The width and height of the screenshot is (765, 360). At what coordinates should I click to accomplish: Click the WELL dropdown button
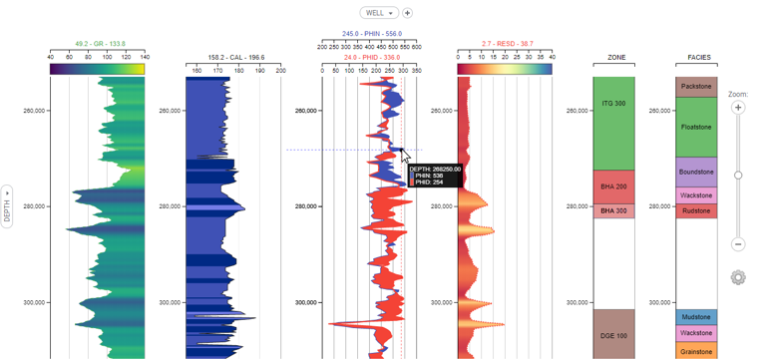tap(378, 13)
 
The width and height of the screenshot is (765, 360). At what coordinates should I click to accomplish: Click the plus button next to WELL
tap(407, 13)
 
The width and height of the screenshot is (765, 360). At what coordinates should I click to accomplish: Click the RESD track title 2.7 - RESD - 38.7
tap(507, 44)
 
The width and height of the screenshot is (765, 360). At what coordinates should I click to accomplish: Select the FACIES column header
tap(698, 58)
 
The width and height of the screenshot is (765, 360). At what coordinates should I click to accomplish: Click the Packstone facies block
tap(698, 87)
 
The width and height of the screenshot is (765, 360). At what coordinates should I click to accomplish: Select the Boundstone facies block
tap(698, 172)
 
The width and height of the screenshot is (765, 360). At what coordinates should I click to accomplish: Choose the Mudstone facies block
tap(698, 317)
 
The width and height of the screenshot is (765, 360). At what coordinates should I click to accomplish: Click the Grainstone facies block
tap(698, 351)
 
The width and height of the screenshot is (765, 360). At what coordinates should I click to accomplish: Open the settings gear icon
tap(738, 278)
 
